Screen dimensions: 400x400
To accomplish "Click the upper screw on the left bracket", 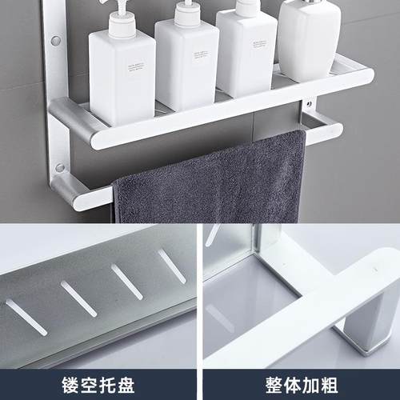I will (56, 39).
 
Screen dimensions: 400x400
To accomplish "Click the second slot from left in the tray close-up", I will (78, 298).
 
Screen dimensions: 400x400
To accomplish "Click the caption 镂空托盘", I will (100, 380).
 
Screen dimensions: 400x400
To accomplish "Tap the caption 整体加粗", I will (300, 380).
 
